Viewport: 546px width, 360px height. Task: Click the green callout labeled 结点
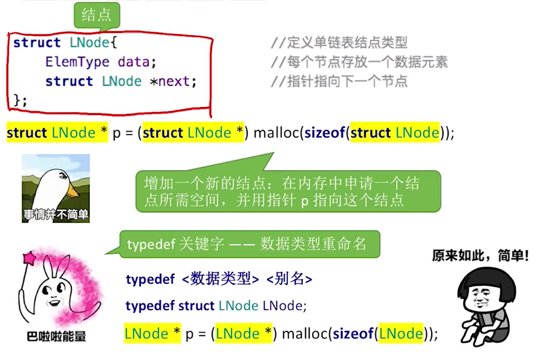(97, 16)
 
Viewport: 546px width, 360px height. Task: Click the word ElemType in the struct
(77, 62)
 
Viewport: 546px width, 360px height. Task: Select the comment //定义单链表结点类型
(339, 43)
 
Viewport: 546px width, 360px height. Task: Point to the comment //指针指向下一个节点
(339, 82)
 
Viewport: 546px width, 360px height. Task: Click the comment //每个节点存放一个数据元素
(359, 62)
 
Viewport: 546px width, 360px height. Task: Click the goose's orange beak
(74, 191)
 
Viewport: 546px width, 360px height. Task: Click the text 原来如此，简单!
(481, 256)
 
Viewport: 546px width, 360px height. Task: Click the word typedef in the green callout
(150, 244)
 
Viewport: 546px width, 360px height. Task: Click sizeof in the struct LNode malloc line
(324, 133)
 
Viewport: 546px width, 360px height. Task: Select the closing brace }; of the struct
(20, 100)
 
